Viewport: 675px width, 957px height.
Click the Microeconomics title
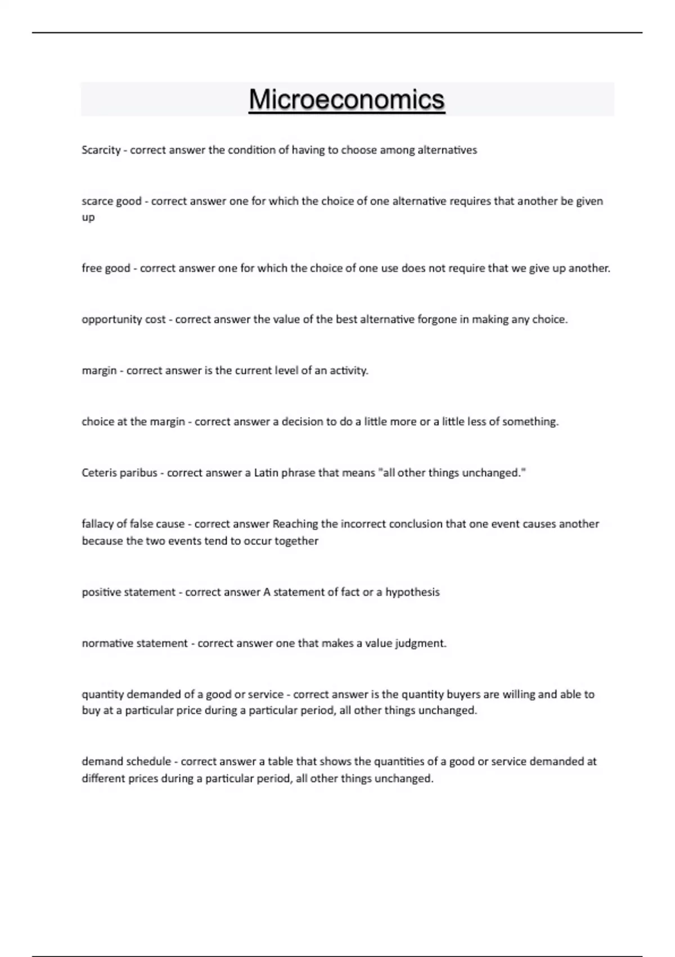[346, 100]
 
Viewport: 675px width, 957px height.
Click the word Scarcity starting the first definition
[101, 150]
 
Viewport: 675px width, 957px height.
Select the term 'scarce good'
[111, 202]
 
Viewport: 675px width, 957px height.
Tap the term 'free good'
[106, 269]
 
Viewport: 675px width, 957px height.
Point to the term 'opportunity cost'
[124, 320]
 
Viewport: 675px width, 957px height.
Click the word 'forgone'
[437, 320]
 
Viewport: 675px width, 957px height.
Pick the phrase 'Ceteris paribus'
[119, 473]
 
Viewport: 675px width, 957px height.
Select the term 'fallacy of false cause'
[133, 524]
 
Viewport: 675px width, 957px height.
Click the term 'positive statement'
[129, 592]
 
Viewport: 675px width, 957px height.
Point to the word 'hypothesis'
[412, 592]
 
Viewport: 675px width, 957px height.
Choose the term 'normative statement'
[135, 643]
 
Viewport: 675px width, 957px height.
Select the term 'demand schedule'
[127, 762]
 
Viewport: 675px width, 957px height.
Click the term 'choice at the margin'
[133, 422]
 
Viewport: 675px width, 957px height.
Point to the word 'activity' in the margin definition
[348, 371]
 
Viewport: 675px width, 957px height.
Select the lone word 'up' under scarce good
[88, 218]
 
